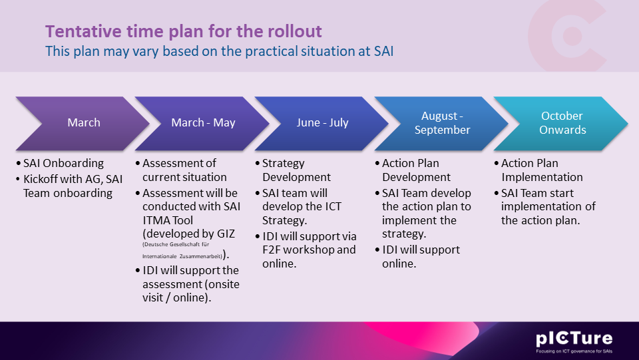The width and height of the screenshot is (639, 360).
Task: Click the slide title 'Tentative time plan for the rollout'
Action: tap(184, 31)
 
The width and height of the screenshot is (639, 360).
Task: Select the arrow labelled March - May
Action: tap(202, 123)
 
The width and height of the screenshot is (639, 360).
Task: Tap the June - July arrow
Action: tap(322, 123)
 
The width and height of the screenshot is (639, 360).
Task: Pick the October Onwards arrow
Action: tap(561, 123)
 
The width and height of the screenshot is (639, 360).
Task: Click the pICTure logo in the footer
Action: tap(574, 339)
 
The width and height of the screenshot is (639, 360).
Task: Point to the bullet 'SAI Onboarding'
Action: tap(64, 163)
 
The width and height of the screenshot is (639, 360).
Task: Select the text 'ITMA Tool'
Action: tap(168, 220)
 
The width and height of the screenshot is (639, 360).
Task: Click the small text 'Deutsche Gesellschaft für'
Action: tap(176, 244)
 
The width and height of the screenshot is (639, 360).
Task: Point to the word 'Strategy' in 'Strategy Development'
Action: tap(284, 164)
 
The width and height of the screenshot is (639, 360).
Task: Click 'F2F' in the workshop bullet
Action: tap(271, 250)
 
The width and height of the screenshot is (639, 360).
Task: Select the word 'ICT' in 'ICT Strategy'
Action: tap(333, 206)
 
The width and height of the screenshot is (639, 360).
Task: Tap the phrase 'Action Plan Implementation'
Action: tap(542, 170)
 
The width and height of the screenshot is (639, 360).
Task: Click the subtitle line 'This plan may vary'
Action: tap(219, 51)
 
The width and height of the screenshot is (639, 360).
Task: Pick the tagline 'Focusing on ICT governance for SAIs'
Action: tap(574, 351)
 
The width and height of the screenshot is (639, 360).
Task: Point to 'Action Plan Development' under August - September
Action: tap(417, 170)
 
